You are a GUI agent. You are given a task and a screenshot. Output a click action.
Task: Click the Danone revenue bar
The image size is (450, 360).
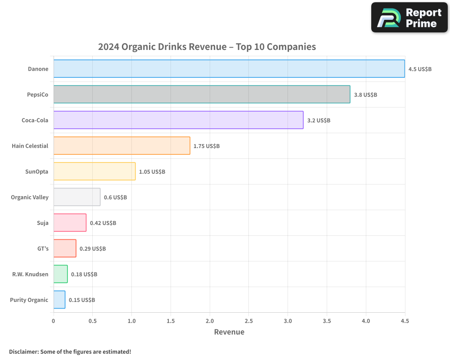(229, 69)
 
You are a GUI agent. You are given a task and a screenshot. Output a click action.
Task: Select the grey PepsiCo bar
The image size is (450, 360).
(202, 94)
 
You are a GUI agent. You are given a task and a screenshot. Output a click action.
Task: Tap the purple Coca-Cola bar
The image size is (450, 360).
(178, 120)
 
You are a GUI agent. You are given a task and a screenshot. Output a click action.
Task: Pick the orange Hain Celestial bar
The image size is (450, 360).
(121, 146)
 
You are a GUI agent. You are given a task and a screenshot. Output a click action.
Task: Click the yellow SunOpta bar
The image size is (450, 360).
(94, 171)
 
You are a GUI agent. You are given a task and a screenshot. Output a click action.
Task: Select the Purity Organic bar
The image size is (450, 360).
(59, 300)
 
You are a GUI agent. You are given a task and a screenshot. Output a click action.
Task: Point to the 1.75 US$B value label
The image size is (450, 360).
(207, 146)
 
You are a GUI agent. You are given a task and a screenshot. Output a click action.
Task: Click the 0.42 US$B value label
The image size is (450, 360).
(103, 223)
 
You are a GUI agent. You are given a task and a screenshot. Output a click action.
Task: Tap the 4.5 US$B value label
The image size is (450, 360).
(420, 69)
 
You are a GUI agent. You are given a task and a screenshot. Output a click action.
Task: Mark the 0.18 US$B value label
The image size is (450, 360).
(84, 274)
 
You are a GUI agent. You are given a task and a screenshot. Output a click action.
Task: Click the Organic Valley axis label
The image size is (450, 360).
(30, 198)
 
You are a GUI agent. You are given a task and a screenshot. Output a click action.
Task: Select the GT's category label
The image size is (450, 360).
(43, 249)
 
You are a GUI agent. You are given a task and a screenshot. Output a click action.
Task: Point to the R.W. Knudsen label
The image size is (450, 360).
(30, 274)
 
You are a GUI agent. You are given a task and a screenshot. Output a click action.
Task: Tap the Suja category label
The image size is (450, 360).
(42, 223)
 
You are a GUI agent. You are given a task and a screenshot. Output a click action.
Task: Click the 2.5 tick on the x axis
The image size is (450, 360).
(249, 321)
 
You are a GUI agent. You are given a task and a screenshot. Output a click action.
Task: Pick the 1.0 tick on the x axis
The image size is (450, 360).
(131, 321)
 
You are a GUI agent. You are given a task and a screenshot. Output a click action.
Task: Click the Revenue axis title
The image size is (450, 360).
(229, 332)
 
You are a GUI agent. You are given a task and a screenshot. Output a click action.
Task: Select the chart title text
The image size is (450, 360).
(207, 47)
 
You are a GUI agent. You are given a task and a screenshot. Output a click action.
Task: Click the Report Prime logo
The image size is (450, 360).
(409, 18)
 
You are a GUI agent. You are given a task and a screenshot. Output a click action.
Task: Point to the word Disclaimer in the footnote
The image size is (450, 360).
(23, 352)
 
